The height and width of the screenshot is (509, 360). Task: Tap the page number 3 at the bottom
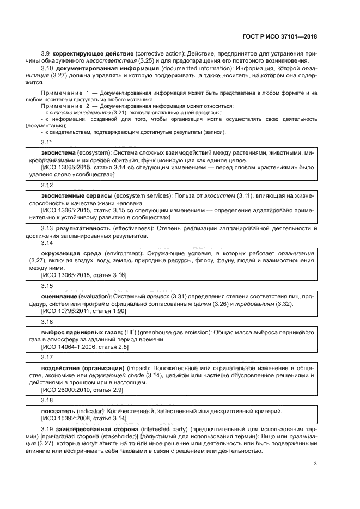click(x=315, y=464)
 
